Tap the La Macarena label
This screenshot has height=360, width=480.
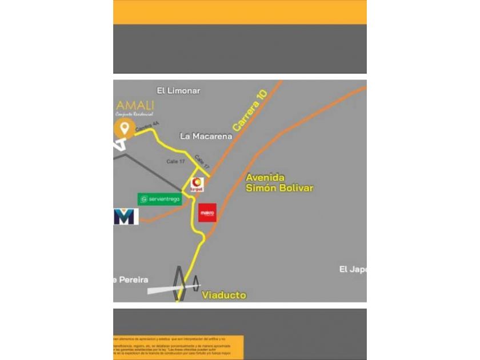206,136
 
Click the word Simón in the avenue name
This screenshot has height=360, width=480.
261,187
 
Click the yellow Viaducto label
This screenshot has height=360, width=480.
224,295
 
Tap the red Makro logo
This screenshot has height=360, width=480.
207,213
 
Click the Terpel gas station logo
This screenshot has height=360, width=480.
197,184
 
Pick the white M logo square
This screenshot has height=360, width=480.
126,217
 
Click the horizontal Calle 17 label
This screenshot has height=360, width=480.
175,162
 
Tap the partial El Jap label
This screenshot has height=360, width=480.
352,269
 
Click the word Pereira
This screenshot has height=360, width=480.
133,280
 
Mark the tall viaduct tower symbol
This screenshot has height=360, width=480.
180,282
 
